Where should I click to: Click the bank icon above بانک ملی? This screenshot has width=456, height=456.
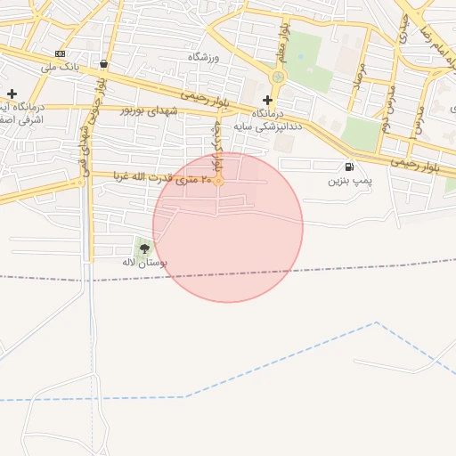[x=60, y=53]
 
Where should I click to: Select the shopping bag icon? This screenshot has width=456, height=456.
[x=105, y=64]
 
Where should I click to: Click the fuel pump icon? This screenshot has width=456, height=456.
[x=347, y=167]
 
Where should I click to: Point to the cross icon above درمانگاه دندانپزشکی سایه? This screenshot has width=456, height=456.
[x=267, y=100]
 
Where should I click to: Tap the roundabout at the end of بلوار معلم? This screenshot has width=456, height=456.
[x=278, y=77]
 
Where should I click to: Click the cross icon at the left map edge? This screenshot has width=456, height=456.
[x=12, y=94]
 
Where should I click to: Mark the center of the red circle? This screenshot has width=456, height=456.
[x=228, y=227]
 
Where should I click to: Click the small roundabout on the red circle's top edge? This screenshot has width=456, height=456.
[x=217, y=182]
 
